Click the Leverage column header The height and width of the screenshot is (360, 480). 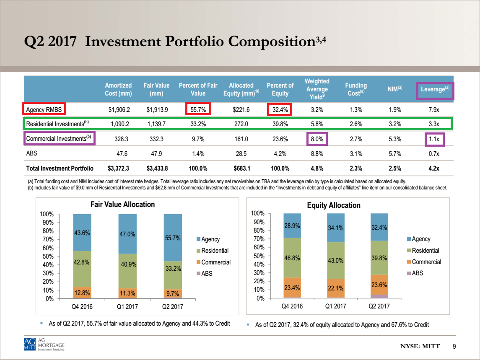pos(435,89)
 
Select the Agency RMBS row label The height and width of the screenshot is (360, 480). pos(44,109)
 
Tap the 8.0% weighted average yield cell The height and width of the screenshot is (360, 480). pos(317,139)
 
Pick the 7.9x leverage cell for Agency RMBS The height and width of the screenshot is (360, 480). pos(434,109)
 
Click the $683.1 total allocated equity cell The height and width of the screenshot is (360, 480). pos(241,168)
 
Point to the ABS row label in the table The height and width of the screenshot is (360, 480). pos(31,153)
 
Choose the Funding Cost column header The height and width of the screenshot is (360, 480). pos(356,89)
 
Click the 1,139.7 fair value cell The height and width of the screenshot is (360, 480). pos(156,124)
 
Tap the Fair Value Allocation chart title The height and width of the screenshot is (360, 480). pos(122,205)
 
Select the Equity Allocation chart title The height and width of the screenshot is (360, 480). pos(334,205)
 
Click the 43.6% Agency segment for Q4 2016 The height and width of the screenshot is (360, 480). pos(82,232)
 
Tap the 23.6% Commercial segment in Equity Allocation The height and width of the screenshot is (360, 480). pos(379,285)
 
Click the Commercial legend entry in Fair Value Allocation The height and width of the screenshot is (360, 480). pos(213,262)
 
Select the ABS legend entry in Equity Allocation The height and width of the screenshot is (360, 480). pos(415,273)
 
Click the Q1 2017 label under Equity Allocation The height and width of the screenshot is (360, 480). pos(335,306)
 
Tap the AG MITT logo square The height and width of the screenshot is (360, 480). pos(30,344)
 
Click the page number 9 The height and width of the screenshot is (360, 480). pos(454,346)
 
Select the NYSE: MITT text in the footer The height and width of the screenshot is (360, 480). pos(420,346)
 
